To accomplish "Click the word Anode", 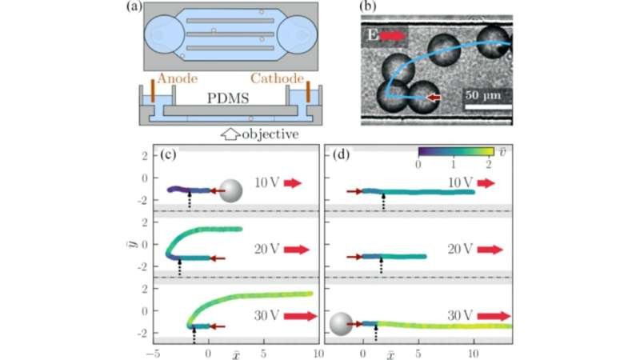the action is click(177, 78).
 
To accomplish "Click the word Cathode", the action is click(277, 78).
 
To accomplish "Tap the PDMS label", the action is click(228, 98).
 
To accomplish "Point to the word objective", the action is click(270, 134).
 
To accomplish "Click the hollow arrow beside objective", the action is click(230, 134).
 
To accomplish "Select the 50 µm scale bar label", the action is click(483, 95).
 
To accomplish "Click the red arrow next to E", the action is click(393, 36).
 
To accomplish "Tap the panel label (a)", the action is click(134, 6).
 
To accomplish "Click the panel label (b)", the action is click(368, 6).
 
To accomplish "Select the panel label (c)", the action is click(168, 154).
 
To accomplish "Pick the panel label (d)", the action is click(342, 154).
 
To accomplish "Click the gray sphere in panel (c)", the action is click(231, 190).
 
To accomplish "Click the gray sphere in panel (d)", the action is click(341, 324).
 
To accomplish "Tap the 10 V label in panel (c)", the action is click(267, 183).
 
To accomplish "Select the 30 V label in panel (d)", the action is click(460, 315).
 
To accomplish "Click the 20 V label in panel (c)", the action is click(267, 249).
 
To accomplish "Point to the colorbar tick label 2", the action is click(489, 164).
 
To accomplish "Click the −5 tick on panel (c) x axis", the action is click(154, 354).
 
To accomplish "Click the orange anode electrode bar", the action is click(153, 91).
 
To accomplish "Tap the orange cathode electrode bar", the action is click(308, 91).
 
